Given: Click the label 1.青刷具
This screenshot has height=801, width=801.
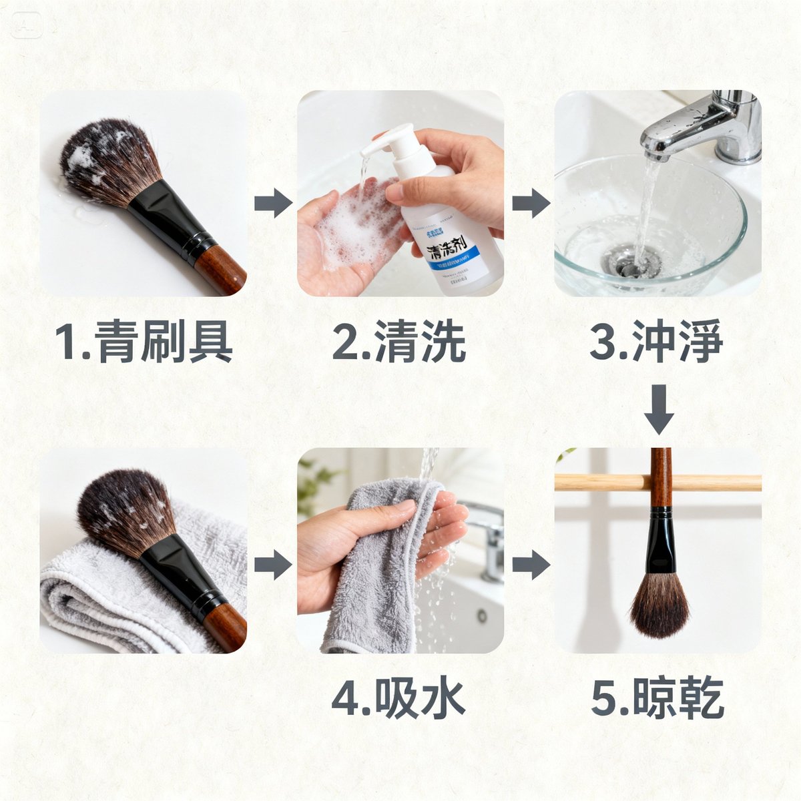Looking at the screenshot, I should (144, 341).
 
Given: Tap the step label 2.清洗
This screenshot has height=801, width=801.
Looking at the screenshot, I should (399, 341).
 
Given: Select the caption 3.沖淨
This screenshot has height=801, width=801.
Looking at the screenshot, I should (656, 341).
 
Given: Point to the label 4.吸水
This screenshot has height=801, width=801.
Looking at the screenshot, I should (398, 698).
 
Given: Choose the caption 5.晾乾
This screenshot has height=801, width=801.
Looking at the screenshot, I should (657, 698).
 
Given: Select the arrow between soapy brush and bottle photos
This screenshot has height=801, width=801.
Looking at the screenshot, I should (273, 203).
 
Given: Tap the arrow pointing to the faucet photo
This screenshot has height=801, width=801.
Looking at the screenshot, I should (531, 203).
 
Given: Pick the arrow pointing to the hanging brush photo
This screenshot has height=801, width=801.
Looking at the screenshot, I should (531, 565).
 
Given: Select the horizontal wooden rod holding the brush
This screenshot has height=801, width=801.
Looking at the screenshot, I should (601, 482).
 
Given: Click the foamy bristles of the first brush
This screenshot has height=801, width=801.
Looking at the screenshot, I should (107, 160).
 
